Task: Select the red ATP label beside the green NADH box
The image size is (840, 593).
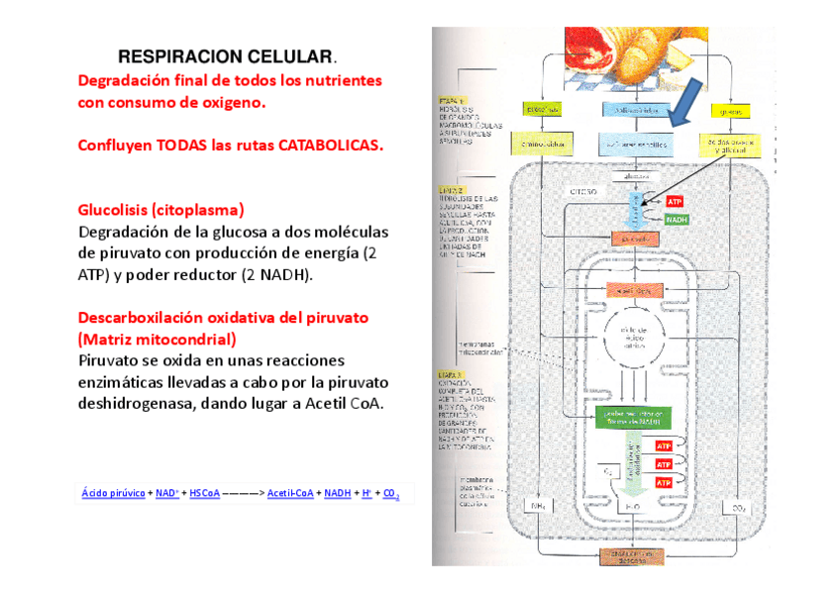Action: [675, 202]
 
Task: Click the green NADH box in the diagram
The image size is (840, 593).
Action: [677, 220]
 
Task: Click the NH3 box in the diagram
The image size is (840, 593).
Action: [539, 507]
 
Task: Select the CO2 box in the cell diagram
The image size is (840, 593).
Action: [737, 509]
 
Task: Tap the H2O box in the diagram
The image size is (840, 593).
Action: [633, 507]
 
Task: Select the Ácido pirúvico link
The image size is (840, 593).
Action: [112, 493]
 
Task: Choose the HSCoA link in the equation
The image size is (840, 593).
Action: [204, 493]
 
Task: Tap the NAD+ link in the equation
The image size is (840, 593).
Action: [166, 493]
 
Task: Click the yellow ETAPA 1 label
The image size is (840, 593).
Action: [452, 100]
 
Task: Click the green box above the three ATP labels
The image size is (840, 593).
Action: [632, 417]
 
